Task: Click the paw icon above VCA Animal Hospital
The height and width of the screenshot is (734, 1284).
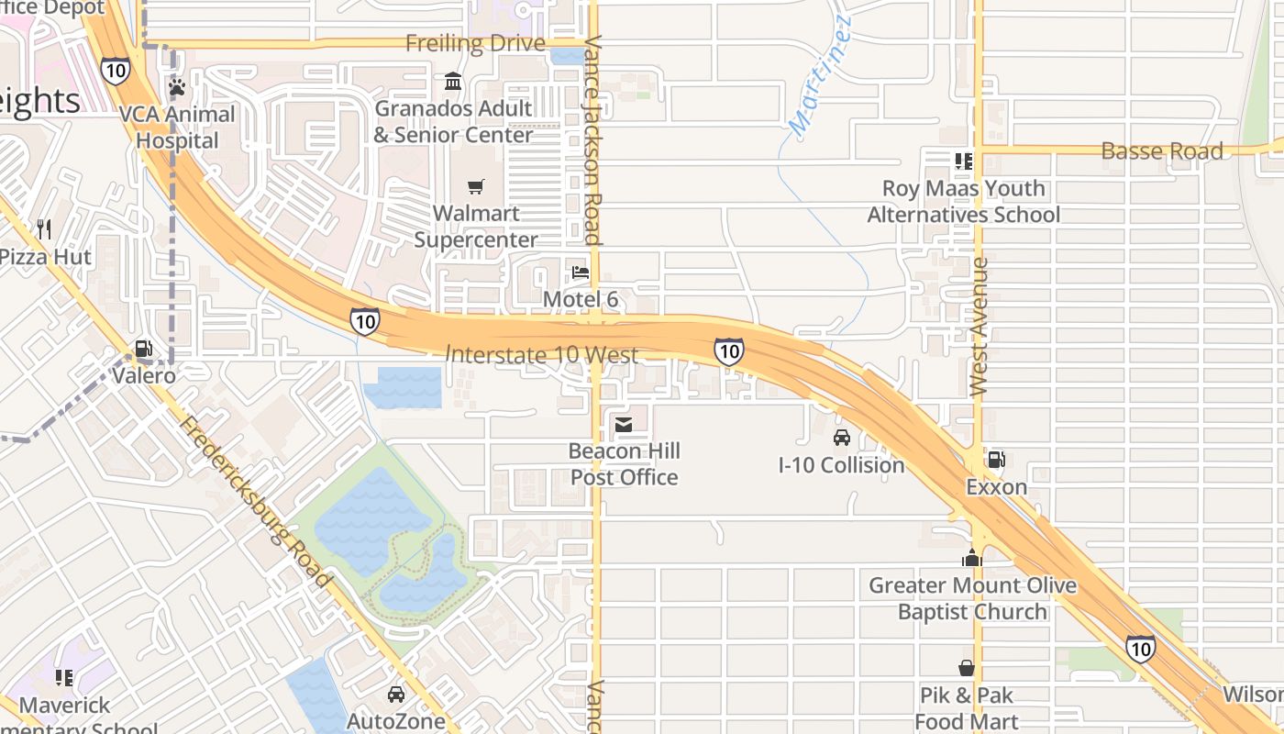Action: (x=177, y=87)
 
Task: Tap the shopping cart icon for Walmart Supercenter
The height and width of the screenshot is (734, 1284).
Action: (x=475, y=187)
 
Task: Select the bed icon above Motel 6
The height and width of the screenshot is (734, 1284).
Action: (x=581, y=272)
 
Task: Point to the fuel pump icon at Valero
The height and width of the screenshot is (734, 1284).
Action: (x=143, y=349)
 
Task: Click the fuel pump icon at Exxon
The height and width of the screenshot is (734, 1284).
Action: (x=996, y=460)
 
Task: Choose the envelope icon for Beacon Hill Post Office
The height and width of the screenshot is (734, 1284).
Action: (x=624, y=424)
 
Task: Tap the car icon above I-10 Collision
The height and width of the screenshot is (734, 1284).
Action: (x=841, y=438)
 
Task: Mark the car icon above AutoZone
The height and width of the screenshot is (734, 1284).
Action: (x=395, y=695)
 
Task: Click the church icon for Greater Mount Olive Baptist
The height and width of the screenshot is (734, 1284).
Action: (x=972, y=558)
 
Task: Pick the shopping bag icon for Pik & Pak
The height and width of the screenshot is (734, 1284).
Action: (x=966, y=668)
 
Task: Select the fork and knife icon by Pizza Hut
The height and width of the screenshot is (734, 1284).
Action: (x=44, y=229)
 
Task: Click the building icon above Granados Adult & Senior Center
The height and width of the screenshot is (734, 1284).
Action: (x=453, y=83)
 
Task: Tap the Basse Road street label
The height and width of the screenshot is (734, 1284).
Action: (x=1161, y=151)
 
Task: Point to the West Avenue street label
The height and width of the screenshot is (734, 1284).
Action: (x=979, y=327)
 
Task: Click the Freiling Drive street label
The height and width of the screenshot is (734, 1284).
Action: (x=475, y=43)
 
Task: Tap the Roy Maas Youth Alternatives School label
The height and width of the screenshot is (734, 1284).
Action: (x=963, y=202)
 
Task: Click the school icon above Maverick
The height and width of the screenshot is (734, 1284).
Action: (x=64, y=678)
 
